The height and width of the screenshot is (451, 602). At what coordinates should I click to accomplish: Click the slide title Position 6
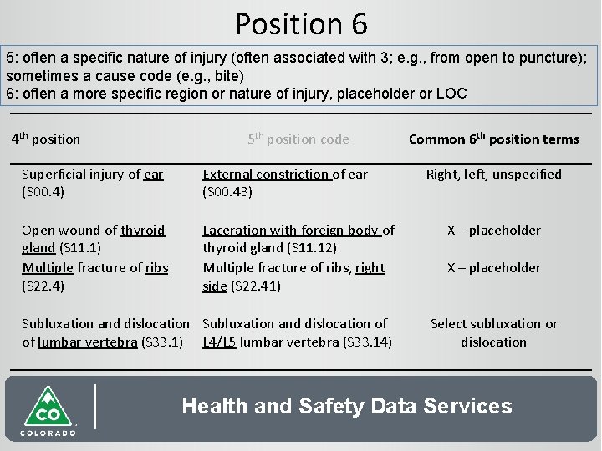click(x=301, y=23)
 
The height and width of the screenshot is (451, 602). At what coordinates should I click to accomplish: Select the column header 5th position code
click(x=298, y=139)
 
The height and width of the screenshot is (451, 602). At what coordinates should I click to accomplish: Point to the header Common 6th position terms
click(x=493, y=139)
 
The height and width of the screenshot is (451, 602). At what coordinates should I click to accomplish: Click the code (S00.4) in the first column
click(x=43, y=192)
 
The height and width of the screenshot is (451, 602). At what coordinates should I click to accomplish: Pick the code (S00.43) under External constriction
click(x=227, y=192)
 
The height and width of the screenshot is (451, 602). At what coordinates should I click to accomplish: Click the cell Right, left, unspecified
click(x=493, y=175)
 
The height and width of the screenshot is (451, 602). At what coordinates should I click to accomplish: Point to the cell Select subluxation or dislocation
click(x=493, y=332)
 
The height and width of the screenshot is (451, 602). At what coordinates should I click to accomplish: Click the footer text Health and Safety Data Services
click(x=346, y=407)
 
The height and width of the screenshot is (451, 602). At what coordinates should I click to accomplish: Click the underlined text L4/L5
click(x=220, y=342)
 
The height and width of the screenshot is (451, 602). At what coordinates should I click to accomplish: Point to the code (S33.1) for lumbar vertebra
click(x=162, y=342)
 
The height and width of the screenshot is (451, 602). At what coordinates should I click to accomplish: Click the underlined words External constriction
click(x=266, y=175)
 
